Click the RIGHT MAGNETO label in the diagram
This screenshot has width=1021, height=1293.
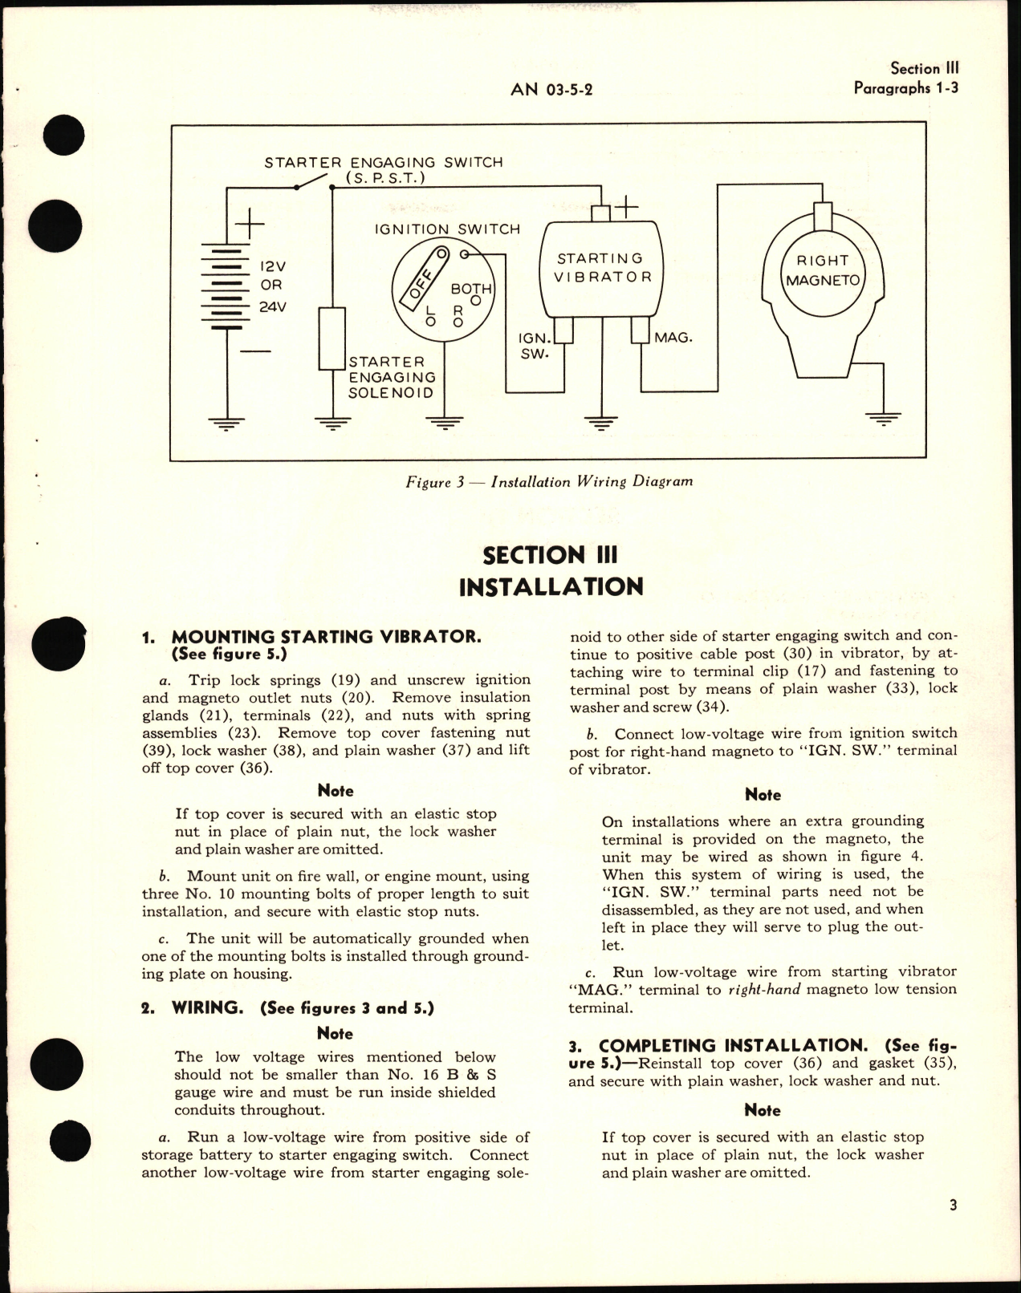(x=823, y=270)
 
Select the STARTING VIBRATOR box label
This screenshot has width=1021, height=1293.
(x=600, y=267)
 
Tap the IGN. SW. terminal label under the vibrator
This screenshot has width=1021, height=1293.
(x=533, y=345)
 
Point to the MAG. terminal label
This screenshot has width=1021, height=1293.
(x=673, y=338)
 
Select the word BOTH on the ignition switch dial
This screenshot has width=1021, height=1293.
(x=471, y=288)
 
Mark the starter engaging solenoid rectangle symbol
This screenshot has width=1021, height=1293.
(x=332, y=338)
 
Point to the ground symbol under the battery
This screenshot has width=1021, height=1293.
(x=226, y=423)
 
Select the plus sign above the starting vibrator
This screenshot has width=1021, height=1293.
(x=625, y=208)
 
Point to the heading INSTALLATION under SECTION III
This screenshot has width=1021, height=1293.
(x=551, y=586)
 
